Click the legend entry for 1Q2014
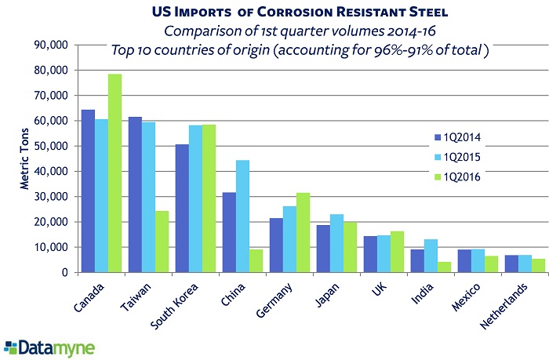[x=458, y=137]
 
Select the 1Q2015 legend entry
[x=458, y=156]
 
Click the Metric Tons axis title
[x=24, y=158]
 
